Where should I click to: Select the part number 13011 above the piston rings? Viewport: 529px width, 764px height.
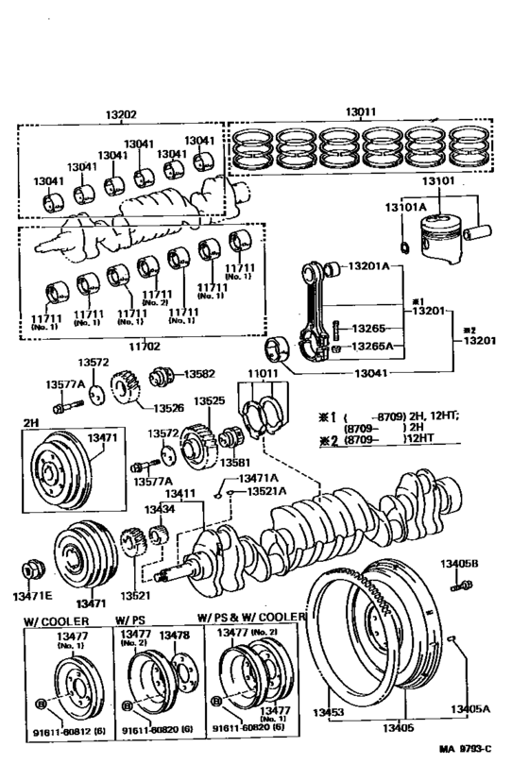click(358, 110)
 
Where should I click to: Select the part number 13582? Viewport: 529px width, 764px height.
click(200, 373)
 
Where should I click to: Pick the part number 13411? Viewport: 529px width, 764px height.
click(180, 493)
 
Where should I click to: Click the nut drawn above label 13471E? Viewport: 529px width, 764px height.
click(34, 571)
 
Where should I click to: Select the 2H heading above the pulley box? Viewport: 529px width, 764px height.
click(30, 420)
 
